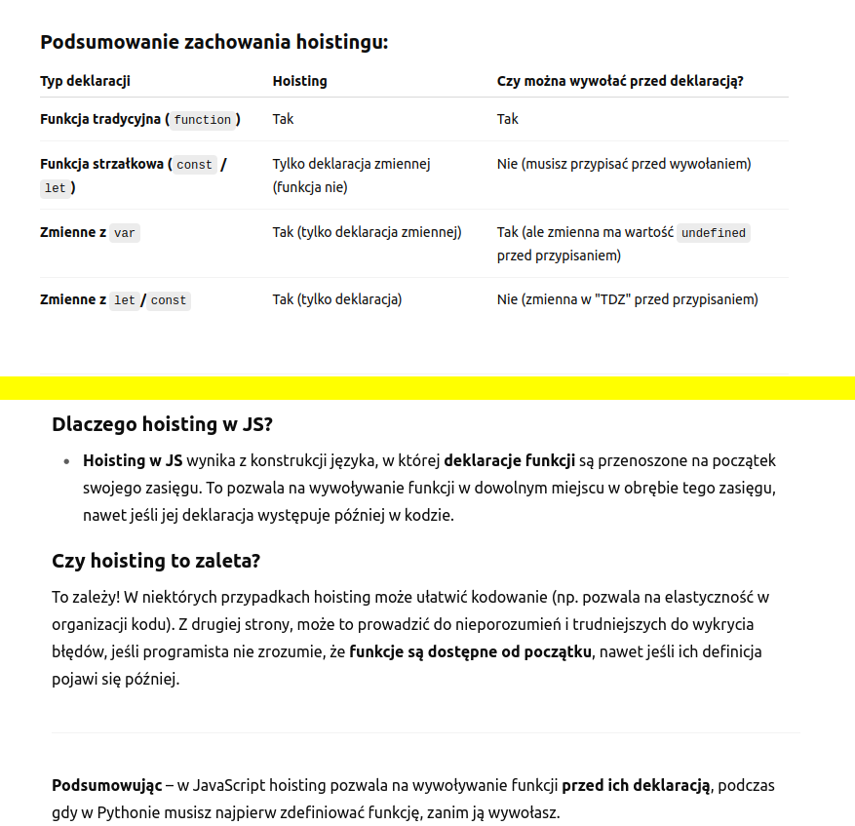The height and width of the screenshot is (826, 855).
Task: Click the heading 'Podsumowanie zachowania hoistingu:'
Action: (214, 43)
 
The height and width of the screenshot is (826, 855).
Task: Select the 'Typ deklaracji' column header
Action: (85, 81)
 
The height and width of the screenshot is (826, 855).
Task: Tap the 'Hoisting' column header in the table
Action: (299, 81)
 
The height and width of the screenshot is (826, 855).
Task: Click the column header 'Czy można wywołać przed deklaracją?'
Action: (620, 81)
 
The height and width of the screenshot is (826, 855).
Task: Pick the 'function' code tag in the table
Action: (203, 120)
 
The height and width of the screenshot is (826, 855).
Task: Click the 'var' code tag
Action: (125, 233)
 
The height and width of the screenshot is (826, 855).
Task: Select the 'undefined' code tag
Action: (714, 233)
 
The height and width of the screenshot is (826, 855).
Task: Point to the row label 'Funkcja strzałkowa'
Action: (101, 164)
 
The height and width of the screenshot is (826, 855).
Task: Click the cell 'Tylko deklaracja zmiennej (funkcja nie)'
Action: (351, 176)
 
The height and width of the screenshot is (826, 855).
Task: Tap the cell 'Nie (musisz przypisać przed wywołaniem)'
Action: (624, 164)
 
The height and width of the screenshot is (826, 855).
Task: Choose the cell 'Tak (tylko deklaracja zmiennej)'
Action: (367, 232)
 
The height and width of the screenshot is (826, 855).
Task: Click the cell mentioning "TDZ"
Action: (627, 299)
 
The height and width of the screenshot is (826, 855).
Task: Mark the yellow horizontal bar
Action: (427, 387)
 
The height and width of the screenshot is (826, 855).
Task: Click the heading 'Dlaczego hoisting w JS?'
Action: (162, 424)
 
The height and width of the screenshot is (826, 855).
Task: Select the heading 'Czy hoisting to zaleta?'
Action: (156, 561)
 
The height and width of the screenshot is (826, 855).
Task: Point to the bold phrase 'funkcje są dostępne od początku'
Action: (470, 651)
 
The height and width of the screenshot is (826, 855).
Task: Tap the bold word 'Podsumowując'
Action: (106, 785)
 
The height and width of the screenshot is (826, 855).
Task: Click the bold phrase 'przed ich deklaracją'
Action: (638, 785)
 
